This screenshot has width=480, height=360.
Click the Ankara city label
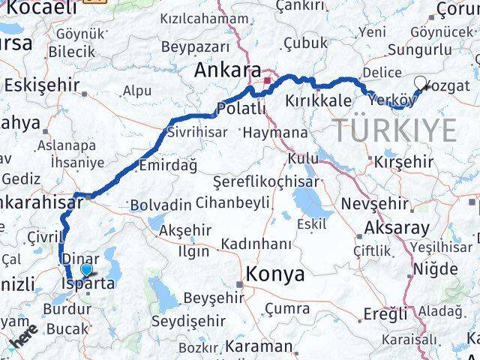pyautogui.click(x=223, y=70)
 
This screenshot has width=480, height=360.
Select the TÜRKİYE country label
pyautogui.click(x=394, y=130)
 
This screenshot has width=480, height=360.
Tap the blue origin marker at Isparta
pyautogui.click(x=87, y=270)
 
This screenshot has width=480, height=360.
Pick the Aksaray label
pyautogui.click(x=396, y=228)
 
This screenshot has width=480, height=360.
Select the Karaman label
pyautogui.click(x=258, y=346)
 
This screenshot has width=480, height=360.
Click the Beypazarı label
pyautogui.click(x=193, y=46)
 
